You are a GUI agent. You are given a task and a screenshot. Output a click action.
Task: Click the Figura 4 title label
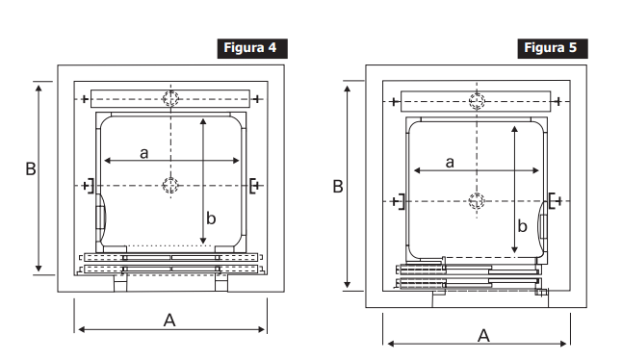pyautogui.click(x=252, y=48)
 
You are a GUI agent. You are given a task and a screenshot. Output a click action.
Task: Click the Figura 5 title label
pyautogui.click(x=553, y=48)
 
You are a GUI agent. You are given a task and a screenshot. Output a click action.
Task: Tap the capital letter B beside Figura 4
pyautogui.click(x=31, y=168)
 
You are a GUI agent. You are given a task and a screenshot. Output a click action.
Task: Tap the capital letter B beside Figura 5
pyautogui.click(x=338, y=187)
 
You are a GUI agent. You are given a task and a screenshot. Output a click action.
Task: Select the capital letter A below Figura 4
pyautogui.click(x=169, y=320)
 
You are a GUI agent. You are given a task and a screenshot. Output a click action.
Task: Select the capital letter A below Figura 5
pyautogui.click(x=483, y=336)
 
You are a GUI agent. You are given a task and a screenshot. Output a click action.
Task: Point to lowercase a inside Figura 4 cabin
pyautogui.click(x=144, y=153)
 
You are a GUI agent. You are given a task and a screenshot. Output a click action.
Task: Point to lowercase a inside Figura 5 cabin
pyautogui.click(x=450, y=162)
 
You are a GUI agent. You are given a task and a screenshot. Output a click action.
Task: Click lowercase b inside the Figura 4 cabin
pyautogui.click(x=211, y=219)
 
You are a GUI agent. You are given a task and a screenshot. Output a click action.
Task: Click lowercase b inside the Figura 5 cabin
pyautogui.click(x=523, y=225)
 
